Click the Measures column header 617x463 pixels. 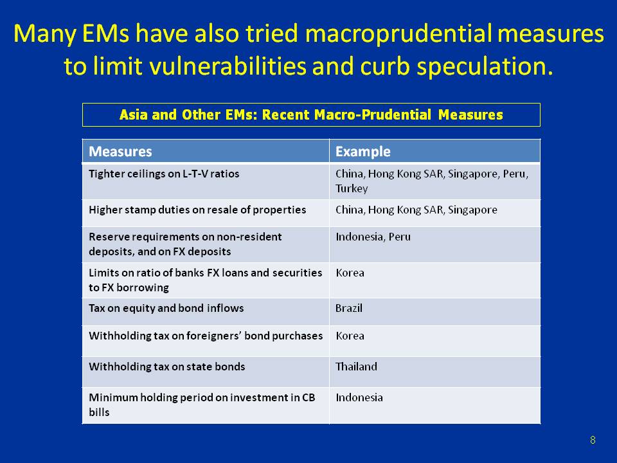point(120,152)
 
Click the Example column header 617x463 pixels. point(362,152)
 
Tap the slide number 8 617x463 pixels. point(592,440)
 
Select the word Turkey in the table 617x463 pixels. point(352,188)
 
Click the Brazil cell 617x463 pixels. point(349,308)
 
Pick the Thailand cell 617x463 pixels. point(356,367)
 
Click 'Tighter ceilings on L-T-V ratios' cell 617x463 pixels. point(164,174)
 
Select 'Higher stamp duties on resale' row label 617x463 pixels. point(197,210)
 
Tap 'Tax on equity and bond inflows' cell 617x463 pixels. point(166,308)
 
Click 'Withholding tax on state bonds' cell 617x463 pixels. point(167,367)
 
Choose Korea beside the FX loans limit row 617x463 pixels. point(350,273)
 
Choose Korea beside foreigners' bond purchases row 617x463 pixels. point(350,336)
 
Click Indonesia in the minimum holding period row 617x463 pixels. point(359,397)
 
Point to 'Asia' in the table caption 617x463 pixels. point(133,115)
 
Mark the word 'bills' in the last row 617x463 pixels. point(99,412)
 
